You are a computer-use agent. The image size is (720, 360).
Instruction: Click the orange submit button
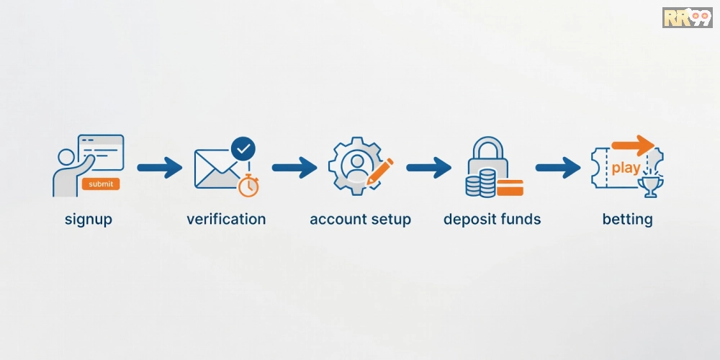(x=101, y=184)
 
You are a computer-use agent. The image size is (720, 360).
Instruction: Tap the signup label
(x=88, y=220)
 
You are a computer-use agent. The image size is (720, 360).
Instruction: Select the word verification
(x=226, y=219)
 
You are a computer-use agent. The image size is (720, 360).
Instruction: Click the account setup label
(x=360, y=219)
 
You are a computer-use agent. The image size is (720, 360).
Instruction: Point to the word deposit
(x=471, y=220)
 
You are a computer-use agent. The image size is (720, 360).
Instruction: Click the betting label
(x=627, y=220)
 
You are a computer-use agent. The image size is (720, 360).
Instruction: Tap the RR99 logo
(x=687, y=17)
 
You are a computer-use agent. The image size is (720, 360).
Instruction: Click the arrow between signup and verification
(x=159, y=168)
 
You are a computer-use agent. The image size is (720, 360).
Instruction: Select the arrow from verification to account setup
(x=294, y=168)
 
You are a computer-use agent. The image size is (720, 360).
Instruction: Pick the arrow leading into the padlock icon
(x=429, y=168)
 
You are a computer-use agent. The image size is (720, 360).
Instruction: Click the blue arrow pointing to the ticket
(x=558, y=168)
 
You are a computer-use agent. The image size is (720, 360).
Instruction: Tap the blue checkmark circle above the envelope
(x=243, y=148)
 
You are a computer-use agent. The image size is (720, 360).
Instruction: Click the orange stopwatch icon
(x=248, y=186)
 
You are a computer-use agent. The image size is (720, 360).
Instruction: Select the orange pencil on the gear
(x=380, y=171)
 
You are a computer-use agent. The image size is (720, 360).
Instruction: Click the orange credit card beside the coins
(x=510, y=187)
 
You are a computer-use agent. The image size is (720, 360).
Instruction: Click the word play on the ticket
(x=626, y=168)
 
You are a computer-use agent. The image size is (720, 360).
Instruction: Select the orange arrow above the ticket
(x=632, y=146)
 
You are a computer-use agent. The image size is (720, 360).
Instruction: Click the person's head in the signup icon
(x=66, y=156)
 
